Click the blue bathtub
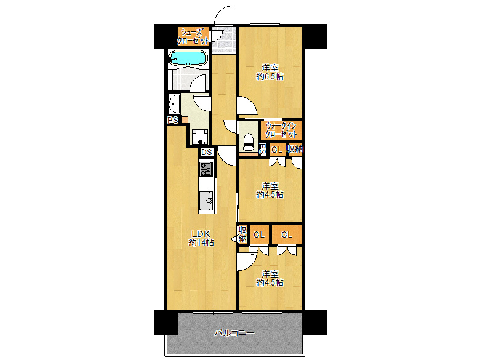click(188, 58)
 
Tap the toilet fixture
click(249, 142)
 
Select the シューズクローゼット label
click(193, 36)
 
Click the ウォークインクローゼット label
click(281, 130)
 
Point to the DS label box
click(207, 152)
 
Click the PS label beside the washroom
click(173, 120)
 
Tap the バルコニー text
click(234, 333)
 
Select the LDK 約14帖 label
click(201, 238)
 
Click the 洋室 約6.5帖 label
click(270, 72)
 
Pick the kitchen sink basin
click(206, 201)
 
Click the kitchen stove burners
click(206, 169)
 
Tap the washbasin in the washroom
click(174, 104)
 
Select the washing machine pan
click(200, 137)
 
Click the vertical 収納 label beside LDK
click(242, 234)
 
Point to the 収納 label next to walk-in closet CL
click(295, 149)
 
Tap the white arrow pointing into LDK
click(234, 239)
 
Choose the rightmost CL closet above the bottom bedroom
click(287, 234)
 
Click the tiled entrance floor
click(224, 40)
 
